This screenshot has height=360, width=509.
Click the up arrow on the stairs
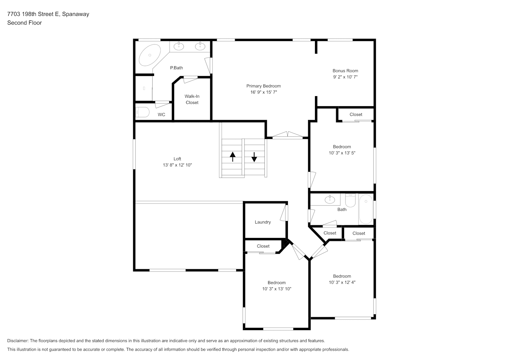pos(233,157)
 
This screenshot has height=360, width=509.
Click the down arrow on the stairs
pos(254,157)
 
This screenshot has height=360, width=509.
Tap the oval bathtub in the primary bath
pos(150,55)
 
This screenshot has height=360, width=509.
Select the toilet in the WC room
pos(143,112)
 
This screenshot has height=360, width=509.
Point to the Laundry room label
pos(263,222)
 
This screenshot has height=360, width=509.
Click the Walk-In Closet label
pos(192,99)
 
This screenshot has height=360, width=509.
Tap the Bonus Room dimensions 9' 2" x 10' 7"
pos(345,77)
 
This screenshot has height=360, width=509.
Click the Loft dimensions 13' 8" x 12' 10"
pos(177,165)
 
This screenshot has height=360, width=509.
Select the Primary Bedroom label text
pos(263,86)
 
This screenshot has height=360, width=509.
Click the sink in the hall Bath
pos(330,199)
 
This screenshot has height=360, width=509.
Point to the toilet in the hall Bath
pos(350,200)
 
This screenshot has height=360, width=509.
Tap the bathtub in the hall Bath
pos(366,209)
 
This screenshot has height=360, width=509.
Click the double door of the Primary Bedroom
pos(288,135)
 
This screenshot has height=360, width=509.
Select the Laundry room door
pos(284,213)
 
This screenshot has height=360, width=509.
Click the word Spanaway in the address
pos(76,14)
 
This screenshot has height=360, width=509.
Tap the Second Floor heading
pos(24,23)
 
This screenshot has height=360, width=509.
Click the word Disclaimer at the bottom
pos(18,341)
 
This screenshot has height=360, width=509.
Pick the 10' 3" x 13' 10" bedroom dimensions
pos(276,289)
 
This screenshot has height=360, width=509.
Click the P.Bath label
pos(176,68)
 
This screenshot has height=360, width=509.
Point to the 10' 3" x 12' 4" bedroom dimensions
pos(342,282)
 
